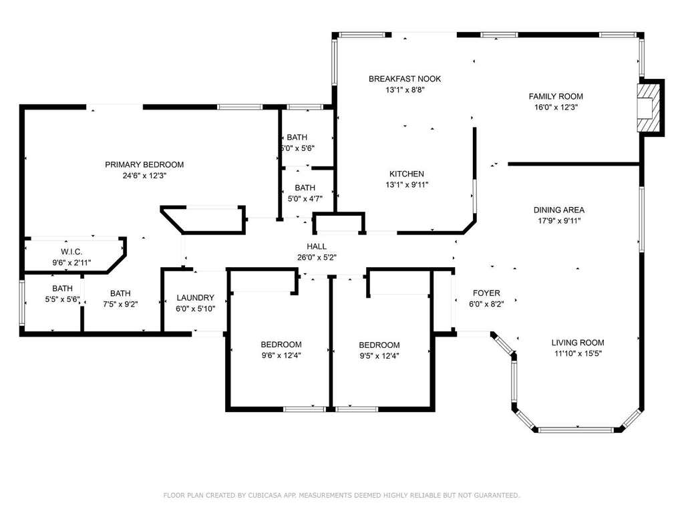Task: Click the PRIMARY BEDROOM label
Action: coord(144,164)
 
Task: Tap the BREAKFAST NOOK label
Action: coord(405,79)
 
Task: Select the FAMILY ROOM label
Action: coord(556,96)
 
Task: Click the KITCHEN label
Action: coord(407,174)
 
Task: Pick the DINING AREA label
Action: coord(559,210)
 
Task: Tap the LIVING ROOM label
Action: coord(578,343)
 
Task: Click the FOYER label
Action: coord(486,293)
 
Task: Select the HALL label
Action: coord(317,246)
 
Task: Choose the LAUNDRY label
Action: coord(196,297)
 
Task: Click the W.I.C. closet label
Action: coord(71,252)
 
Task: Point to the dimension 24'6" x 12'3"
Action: coord(144,176)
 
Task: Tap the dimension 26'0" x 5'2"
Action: coord(317,258)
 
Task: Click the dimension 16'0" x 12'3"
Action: coord(556,108)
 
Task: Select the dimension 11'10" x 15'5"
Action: coord(578,354)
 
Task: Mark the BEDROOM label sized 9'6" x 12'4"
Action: coord(281,345)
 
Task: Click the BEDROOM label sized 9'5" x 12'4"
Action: coord(379,345)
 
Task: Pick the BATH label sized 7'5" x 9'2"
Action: coord(120,294)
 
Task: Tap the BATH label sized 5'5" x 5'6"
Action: coord(62,289)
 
